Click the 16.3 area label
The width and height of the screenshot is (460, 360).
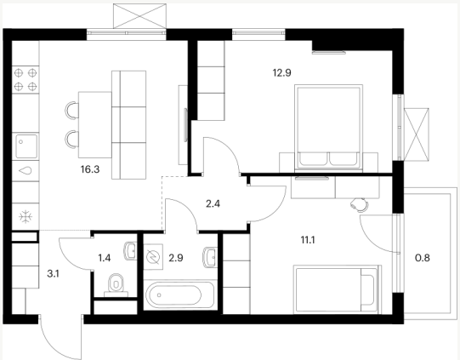click(90, 169)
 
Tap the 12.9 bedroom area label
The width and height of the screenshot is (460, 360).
click(282, 72)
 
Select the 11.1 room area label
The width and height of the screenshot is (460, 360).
click(308, 241)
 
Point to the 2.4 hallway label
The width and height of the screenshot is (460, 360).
click(213, 203)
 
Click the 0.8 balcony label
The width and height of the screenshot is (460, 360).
click(423, 258)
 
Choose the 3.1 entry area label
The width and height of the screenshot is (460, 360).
click(53, 274)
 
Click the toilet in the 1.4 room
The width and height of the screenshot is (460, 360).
click(116, 285)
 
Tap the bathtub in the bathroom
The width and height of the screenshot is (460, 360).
click(173, 294)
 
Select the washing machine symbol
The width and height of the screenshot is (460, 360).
click(153, 257)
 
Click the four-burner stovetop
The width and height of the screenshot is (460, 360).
click(26, 79)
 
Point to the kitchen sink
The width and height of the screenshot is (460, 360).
click(26, 146)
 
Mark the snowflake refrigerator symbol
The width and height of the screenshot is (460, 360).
click(26, 217)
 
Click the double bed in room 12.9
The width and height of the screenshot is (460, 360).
click(328, 128)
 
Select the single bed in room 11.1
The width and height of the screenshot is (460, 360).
click(337, 289)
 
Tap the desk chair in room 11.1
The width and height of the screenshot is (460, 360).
click(360, 204)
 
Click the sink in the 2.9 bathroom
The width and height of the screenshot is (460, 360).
click(210, 257)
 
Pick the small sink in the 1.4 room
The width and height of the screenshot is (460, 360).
click(131, 251)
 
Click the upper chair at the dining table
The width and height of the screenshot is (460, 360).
click(72, 111)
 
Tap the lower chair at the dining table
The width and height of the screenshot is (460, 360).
click(72, 140)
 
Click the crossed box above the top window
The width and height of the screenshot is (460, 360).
click(139, 16)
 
